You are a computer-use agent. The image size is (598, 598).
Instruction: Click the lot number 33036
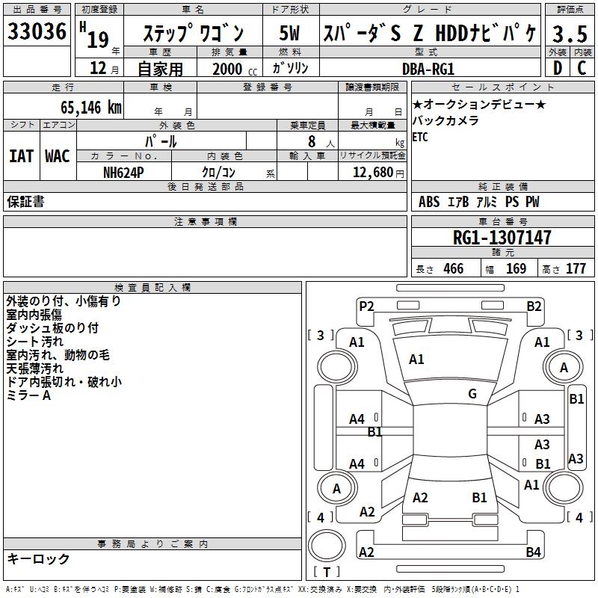tap(37, 33)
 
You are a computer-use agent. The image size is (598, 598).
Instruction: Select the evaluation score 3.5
tap(568, 33)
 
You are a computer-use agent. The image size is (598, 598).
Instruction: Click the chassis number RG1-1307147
tap(502, 238)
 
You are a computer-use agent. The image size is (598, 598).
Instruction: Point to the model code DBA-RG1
tap(428, 69)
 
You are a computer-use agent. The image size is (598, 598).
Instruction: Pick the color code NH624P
tap(124, 171)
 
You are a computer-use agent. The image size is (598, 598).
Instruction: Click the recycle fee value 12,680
tap(369, 172)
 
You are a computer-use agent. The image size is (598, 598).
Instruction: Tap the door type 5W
tap(290, 33)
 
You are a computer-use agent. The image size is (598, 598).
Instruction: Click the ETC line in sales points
tap(420, 137)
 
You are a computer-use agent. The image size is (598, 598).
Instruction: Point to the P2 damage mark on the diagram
tap(366, 306)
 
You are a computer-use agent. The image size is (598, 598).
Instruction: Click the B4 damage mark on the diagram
tap(533, 552)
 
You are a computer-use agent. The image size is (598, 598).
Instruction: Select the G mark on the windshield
tap(472, 394)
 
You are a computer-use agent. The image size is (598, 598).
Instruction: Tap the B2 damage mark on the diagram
tap(534, 306)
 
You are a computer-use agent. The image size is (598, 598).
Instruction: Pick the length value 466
tap(454, 269)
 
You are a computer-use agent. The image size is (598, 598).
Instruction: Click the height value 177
tap(576, 269)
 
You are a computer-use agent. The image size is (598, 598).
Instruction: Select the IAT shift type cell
tap(21, 156)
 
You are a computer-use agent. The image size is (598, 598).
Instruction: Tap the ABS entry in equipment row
tap(429, 202)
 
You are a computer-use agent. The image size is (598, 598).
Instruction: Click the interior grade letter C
tap(582, 68)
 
